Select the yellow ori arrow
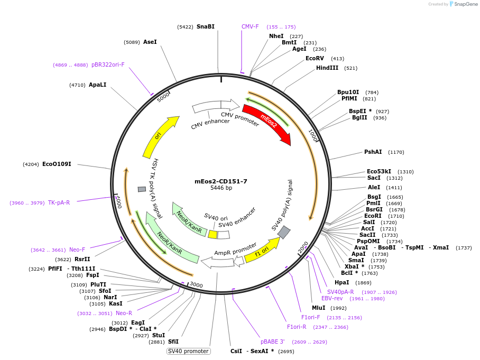tap(160, 136)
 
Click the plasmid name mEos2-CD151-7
tap(221, 181)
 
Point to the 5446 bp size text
tap(221, 188)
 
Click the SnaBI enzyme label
tap(206, 26)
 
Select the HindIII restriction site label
tap(327, 68)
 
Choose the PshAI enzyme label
tap(373, 152)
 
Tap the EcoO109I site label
tap(57, 164)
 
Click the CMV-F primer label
tap(250, 26)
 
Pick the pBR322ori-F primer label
tap(108, 64)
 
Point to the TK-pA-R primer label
tap(59, 202)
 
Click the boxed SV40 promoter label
tap(189, 351)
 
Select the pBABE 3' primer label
tap(272, 342)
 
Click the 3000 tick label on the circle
tap(196, 285)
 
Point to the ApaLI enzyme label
tap(97, 85)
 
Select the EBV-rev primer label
tap(332, 298)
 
